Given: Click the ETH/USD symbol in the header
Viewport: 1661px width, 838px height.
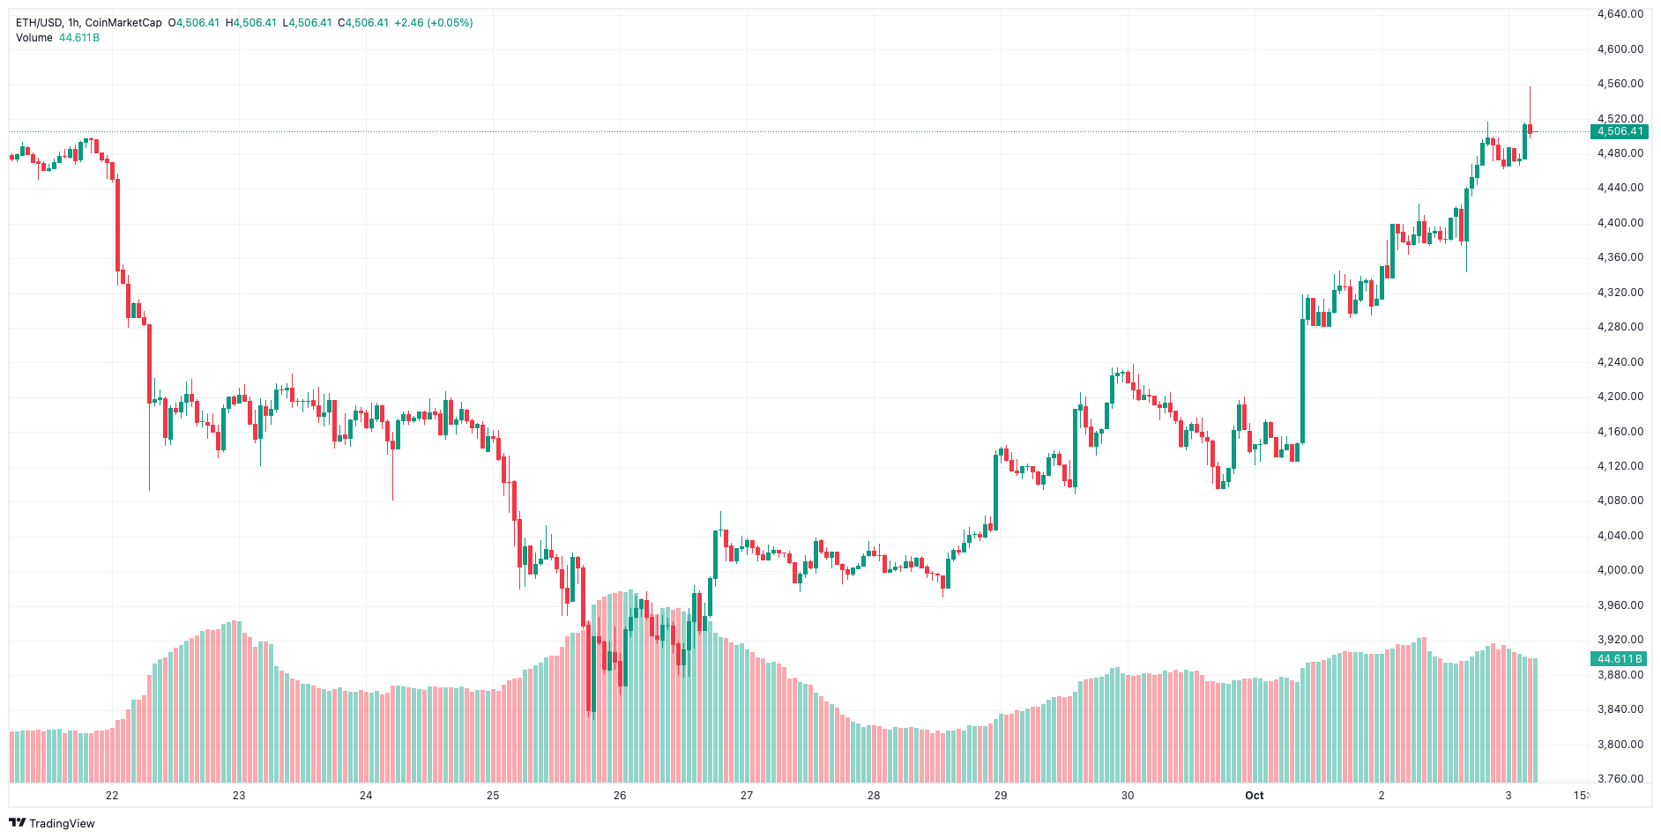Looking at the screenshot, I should tap(39, 23).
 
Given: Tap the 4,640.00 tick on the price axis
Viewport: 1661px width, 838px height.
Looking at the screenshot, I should tap(1620, 14).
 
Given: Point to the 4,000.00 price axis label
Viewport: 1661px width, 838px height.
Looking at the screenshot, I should tap(1620, 570).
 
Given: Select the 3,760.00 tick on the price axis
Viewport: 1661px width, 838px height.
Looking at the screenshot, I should tap(1620, 779).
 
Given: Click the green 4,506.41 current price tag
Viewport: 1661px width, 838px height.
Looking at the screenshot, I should tap(1620, 132).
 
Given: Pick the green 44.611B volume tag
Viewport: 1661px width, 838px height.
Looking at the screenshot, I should tap(1620, 659).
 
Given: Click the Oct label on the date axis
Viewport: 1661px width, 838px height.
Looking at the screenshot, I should tap(1254, 796).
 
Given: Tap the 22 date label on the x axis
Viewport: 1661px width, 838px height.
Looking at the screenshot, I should tap(112, 796).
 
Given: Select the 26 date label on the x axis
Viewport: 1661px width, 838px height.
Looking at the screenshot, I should tap(620, 796).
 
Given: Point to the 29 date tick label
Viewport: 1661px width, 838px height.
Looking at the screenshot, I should tap(1001, 796).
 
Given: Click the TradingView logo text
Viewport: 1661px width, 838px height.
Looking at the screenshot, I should tap(62, 823).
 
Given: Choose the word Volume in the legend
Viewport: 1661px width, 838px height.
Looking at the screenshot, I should tap(34, 38).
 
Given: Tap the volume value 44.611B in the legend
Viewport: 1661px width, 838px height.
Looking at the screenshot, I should tap(79, 38).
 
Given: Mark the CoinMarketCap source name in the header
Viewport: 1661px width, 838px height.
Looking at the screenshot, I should tap(123, 23).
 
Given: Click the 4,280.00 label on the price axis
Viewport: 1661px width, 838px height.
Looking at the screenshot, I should tap(1620, 327).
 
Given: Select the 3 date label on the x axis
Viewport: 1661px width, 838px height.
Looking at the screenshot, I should tap(1508, 796).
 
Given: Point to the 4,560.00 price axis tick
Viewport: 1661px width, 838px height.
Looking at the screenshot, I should tap(1620, 84).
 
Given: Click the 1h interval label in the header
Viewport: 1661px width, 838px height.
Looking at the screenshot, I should tap(74, 23).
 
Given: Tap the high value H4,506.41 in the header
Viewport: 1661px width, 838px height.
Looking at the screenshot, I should tap(251, 23).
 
